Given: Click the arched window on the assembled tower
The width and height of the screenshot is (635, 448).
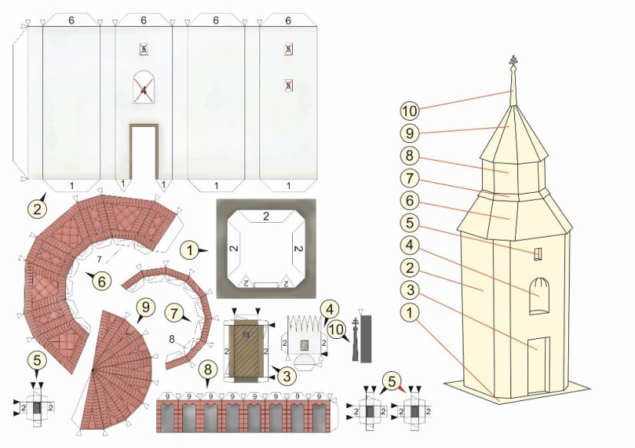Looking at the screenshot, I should pyautogui.click(x=541, y=296).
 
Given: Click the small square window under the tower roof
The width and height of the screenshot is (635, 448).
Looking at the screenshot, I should pyautogui.click(x=538, y=254).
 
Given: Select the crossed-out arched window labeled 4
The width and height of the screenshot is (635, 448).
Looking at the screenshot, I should pyautogui.click(x=144, y=89).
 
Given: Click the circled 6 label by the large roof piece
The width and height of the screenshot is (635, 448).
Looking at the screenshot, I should pyautogui.click(x=100, y=281).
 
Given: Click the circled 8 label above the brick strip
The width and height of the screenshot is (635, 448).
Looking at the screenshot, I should pyautogui.click(x=206, y=368).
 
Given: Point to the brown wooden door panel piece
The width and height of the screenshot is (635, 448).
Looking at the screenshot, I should pyautogui.click(x=246, y=348).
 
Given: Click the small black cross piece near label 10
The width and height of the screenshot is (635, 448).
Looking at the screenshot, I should pyautogui.click(x=355, y=338).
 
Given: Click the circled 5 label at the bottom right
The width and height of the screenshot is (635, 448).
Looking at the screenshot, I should pyautogui.click(x=392, y=379).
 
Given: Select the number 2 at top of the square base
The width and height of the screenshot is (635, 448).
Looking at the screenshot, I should pyautogui.click(x=266, y=216).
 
